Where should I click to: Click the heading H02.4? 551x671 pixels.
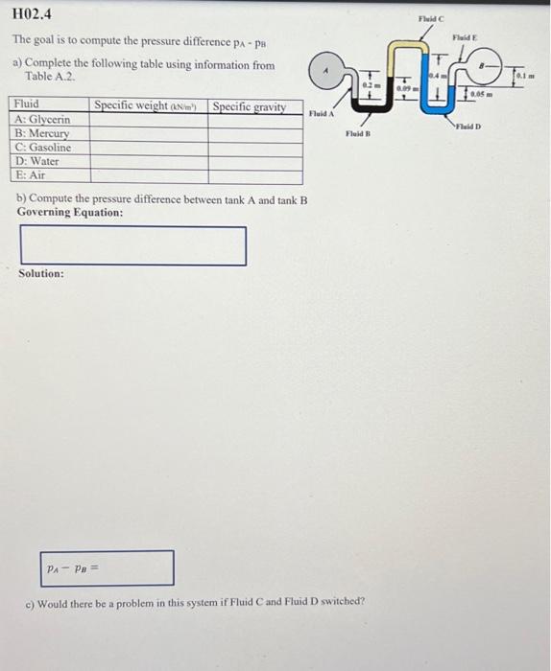pos(33,13)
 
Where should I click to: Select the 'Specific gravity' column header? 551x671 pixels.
pos(249,106)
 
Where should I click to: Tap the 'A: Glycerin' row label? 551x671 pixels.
pos(42,120)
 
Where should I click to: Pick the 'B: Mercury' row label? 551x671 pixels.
pos(41,134)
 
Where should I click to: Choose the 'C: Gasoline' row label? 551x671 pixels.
pos(43,148)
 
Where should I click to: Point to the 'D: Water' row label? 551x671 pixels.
pos(37,162)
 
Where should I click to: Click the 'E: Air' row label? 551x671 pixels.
pos(31,175)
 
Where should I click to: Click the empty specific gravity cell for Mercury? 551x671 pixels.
pos(254,134)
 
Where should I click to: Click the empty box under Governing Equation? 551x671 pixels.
pos(132,245)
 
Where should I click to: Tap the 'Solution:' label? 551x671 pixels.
pos(41,274)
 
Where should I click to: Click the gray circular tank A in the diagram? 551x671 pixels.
pos(327,72)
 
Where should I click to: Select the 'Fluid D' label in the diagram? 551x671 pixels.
pos(468,127)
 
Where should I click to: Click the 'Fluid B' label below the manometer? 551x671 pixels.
pos(358,135)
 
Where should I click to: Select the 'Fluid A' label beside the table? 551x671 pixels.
pos(321,114)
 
